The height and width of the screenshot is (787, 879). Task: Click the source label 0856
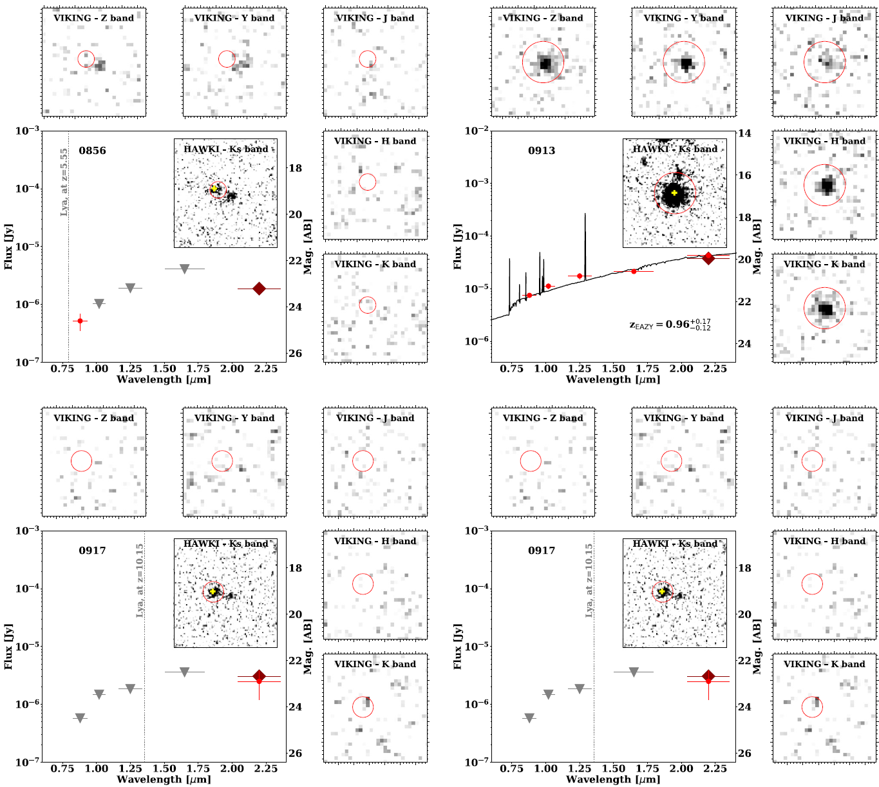pos(92,151)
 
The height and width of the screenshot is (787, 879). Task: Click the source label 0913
pos(542,151)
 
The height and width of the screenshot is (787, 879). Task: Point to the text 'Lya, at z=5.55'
pos(64,182)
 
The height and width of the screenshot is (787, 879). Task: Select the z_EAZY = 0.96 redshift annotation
pos(670,324)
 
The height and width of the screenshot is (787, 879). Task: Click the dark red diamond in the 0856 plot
pos(259,289)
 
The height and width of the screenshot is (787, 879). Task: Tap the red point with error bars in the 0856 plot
pos(80,321)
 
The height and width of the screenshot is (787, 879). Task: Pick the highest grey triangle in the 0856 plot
pos(184,269)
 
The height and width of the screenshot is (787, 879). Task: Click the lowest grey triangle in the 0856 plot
pos(99,303)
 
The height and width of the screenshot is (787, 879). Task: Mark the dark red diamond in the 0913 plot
pos(708,258)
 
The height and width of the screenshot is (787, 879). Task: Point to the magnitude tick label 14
pos(744,133)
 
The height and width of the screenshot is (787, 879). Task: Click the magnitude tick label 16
pos(744,175)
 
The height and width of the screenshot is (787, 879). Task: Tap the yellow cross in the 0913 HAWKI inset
pos(674,193)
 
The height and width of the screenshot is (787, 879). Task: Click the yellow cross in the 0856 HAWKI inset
pos(214,189)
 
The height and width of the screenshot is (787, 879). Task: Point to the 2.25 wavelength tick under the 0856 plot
pos(266,369)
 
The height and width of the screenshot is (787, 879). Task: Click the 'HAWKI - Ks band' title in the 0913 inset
pos(675,149)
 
